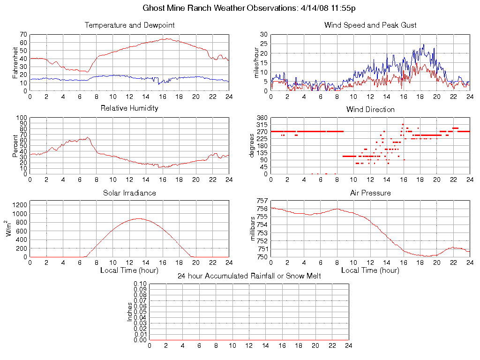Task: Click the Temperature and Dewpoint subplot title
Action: click(x=130, y=25)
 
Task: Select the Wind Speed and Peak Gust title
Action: click(x=370, y=25)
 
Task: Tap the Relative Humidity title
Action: click(x=130, y=108)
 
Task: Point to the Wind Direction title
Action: click(x=370, y=109)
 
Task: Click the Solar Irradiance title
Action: click(x=130, y=193)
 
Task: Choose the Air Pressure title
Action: click(x=370, y=193)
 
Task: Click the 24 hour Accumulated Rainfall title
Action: click(x=249, y=276)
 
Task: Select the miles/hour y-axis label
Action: click(x=256, y=62)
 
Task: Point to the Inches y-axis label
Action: click(x=130, y=312)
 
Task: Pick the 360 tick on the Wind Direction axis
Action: click(x=262, y=118)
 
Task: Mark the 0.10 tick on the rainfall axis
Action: click(x=140, y=284)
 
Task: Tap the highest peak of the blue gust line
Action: click(x=424, y=45)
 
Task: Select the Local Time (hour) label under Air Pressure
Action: click(x=370, y=270)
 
